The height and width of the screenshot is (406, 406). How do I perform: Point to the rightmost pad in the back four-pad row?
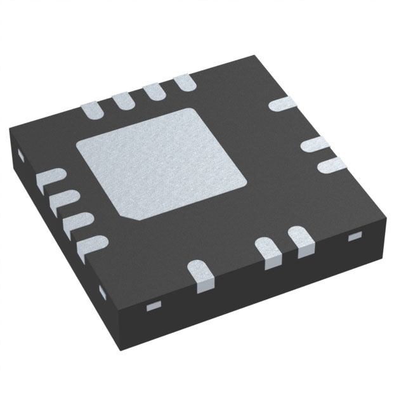click(184, 82)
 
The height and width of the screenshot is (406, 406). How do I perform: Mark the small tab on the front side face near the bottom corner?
click(152, 306)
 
